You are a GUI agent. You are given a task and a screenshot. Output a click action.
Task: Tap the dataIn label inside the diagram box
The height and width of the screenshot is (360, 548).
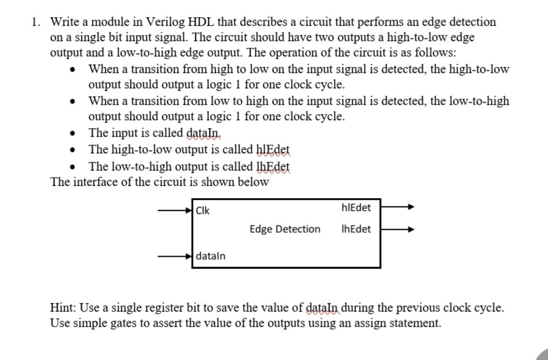coord(211,255)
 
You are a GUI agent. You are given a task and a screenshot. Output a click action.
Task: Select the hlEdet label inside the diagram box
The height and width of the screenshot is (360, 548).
coord(355,208)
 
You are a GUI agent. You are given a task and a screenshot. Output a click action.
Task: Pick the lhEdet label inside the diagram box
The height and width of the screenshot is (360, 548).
coord(356,229)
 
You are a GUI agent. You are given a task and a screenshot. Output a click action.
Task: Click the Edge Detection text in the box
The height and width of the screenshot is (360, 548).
coord(285,229)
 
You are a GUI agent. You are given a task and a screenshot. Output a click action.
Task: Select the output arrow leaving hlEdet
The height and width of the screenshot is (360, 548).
coord(398,208)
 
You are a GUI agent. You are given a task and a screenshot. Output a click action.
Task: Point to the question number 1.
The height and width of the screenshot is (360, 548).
coord(36,22)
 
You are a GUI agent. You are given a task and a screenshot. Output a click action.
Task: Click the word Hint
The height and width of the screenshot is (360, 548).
coord(64,308)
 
